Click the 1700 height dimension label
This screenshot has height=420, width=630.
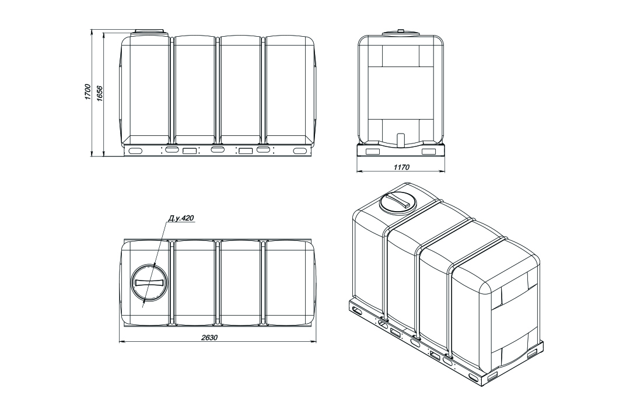coord(87,92)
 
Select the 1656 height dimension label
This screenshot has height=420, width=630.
coord(100,93)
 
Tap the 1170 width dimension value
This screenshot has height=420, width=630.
coord(401,167)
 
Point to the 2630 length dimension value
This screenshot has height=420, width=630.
coord(209,337)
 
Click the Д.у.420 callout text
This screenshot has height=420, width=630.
coord(181,218)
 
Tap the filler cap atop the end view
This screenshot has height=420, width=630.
coord(400,33)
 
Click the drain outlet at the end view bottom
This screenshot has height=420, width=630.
coord(400,140)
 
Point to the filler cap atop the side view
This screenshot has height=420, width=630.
coord(149,32)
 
